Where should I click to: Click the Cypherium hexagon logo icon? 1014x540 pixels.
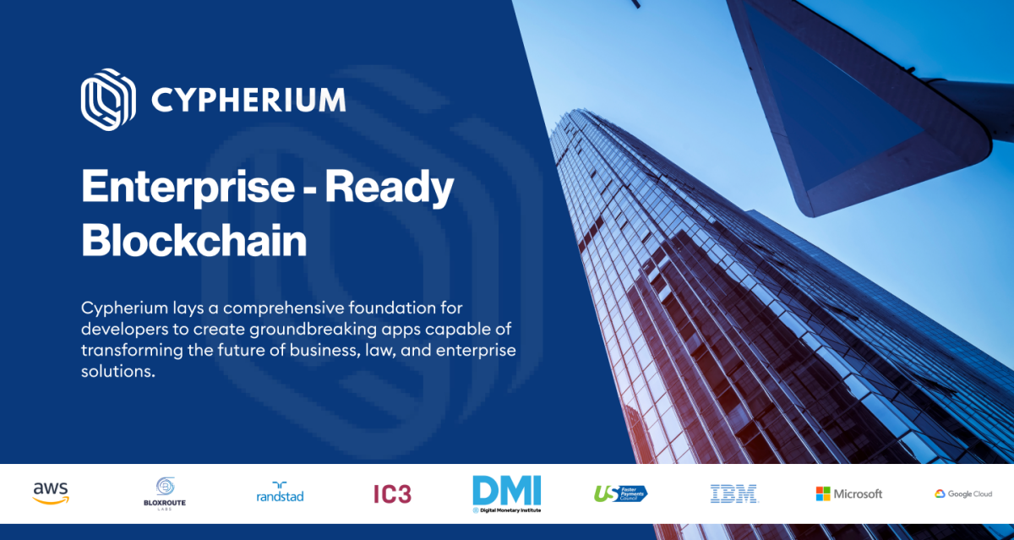point(108,99)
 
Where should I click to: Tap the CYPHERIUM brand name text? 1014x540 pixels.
point(248,100)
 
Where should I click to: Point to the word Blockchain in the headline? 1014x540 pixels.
point(194,241)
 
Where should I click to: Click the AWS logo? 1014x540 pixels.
point(51,493)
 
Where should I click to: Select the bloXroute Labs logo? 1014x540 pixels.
point(165,493)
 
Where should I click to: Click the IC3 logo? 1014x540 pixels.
point(392,494)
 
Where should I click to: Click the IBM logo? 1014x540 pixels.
point(734,494)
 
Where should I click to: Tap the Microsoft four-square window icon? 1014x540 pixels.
point(823,494)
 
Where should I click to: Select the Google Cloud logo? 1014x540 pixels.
point(963,494)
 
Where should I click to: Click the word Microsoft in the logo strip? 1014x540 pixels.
point(858,494)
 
